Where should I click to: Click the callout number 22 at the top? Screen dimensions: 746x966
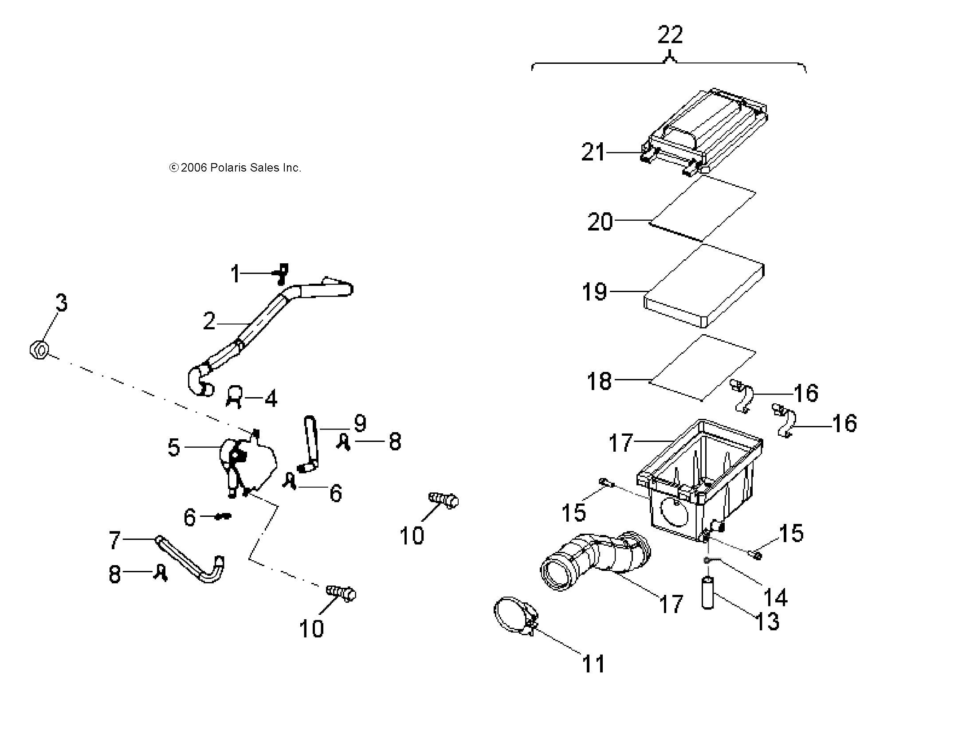670,35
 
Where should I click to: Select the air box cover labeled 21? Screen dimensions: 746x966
705,131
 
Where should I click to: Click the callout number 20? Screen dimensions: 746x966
600,222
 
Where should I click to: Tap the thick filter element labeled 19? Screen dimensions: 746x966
705,286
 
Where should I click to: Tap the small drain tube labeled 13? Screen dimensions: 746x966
708,593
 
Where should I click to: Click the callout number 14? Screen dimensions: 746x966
775,598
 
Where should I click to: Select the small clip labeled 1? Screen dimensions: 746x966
282,274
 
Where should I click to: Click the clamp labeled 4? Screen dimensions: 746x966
235,396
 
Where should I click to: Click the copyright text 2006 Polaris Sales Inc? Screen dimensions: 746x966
236,168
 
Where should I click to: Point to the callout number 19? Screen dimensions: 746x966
594,292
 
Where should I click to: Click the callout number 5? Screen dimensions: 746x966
174,447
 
